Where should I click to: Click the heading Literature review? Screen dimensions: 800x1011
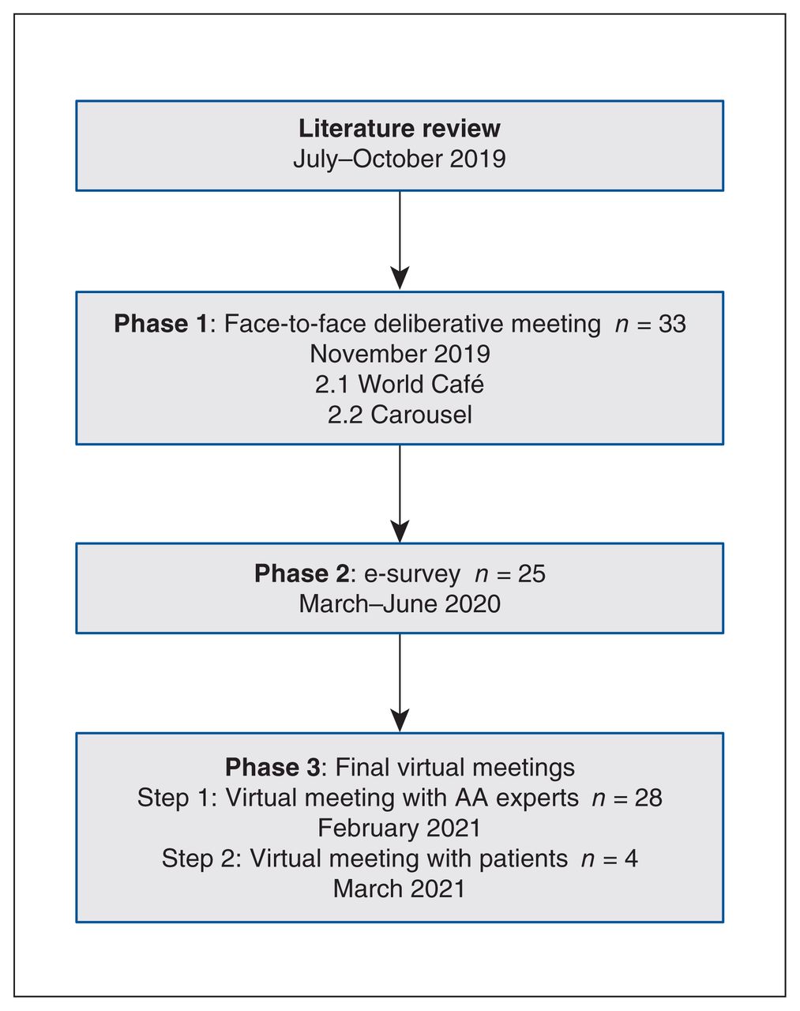click(x=400, y=128)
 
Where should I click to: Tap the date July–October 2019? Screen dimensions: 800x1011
click(x=400, y=159)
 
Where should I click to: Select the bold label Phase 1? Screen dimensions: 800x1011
click(x=160, y=324)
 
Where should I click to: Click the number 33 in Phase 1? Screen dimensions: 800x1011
click(x=672, y=324)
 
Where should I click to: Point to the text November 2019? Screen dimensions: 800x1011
click(x=400, y=354)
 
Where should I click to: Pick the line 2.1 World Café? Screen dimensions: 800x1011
click(x=400, y=384)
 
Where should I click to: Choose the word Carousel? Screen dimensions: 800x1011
click(x=421, y=415)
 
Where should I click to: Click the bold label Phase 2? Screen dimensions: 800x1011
click(x=302, y=573)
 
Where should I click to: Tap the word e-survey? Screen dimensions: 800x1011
click(x=412, y=574)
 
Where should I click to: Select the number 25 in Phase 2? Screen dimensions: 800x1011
click(x=531, y=573)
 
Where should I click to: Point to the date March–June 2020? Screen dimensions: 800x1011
click(x=400, y=603)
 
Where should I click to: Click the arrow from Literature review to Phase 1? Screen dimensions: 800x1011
click(x=400, y=240)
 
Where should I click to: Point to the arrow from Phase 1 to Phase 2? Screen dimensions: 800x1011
click(x=400, y=494)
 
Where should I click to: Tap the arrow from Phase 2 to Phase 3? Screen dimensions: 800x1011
click(x=400, y=682)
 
